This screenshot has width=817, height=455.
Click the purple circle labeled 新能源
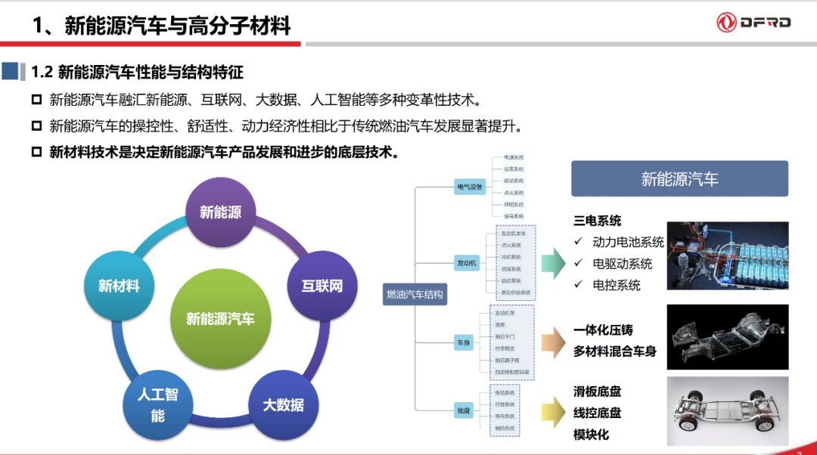[221, 212]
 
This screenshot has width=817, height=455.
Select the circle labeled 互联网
[322, 286]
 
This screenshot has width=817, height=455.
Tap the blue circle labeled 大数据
[284, 404]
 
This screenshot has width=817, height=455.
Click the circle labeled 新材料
[119, 286]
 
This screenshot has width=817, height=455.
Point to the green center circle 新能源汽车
[220, 319]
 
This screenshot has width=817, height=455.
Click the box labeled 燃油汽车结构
[415, 294]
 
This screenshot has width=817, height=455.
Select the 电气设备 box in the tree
[469, 187]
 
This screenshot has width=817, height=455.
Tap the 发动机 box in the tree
[467, 263]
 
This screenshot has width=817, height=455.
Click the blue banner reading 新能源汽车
[679, 179]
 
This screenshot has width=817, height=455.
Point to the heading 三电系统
[598, 221]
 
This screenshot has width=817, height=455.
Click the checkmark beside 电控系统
[578, 284]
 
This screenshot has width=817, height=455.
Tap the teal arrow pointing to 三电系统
[553, 262]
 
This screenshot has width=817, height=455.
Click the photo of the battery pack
[727, 255]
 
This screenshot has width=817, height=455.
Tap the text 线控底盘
[598, 413]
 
